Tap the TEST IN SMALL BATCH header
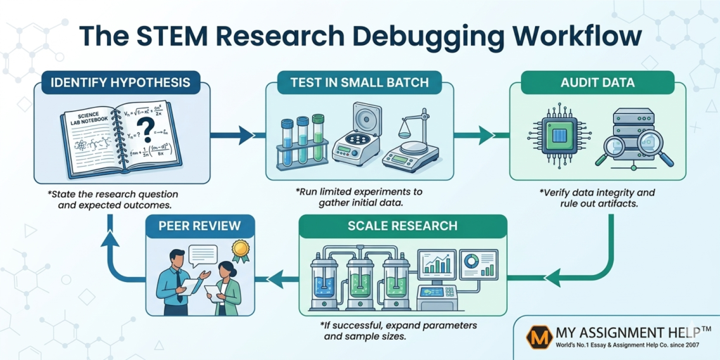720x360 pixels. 359,82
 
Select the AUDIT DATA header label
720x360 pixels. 597,82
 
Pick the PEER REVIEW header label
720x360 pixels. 200,226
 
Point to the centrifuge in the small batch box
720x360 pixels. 356,137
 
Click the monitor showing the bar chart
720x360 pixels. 437,264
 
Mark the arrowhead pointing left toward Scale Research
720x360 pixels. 554,278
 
